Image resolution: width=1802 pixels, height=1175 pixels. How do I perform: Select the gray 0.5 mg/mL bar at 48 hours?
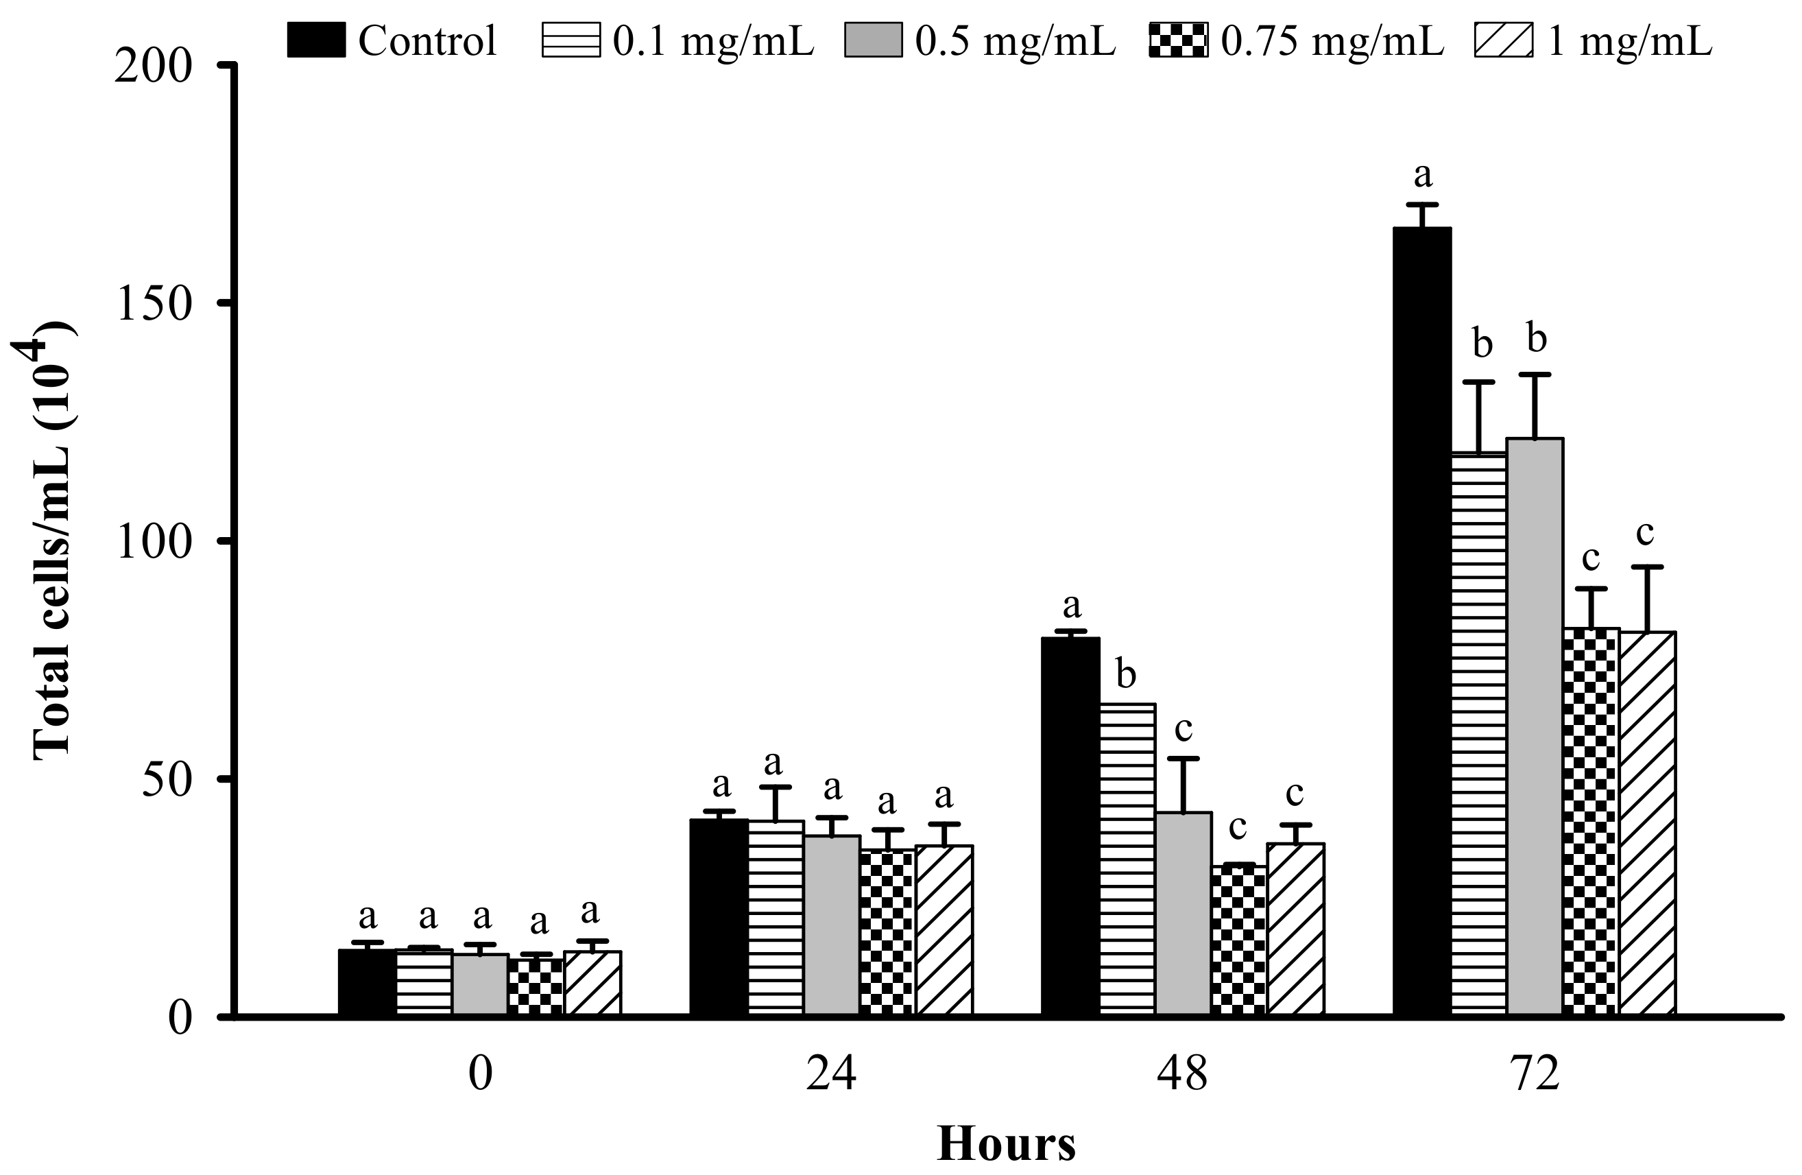(x=1183, y=913)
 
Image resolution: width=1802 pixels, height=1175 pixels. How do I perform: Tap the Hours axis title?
(x=1005, y=1144)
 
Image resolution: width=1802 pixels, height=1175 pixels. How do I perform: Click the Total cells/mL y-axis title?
(x=53, y=539)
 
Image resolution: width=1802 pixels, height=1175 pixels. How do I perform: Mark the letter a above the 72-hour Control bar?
(x=1423, y=175)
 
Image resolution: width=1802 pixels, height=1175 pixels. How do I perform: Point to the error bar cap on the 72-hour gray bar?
(x=1535, y=375)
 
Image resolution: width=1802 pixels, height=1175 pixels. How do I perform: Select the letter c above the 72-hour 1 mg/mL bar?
(x=1644, y=532)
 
